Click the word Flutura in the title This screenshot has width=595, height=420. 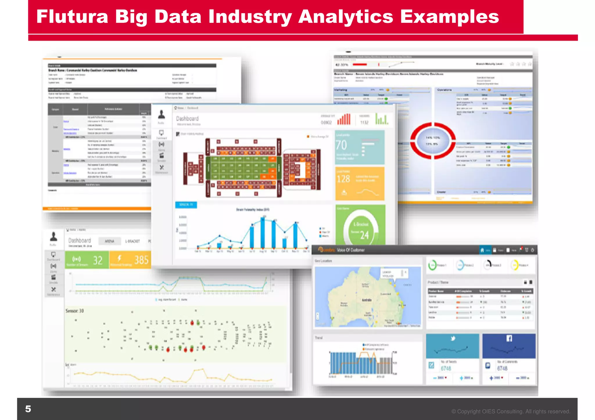tap(72, 17)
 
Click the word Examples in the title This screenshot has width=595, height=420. tap(449, 17)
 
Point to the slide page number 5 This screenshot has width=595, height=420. tap(28, 409)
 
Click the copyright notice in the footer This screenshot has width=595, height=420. tap(510, 411)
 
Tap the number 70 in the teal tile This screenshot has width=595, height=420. tap(341, 145)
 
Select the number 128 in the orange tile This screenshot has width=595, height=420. tap(343, 179)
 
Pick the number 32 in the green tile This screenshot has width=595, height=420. tap(98, 260)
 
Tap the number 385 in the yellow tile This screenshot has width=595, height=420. tap(141, 260)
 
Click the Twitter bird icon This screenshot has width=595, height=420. tap(453, 338)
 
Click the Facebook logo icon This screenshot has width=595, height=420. tap(509, 338)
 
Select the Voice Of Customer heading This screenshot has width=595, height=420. tap(350, 250)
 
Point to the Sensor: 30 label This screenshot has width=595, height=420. tap(74, 311)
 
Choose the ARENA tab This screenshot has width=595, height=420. tap(109, 241)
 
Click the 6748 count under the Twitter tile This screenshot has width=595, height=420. tap(446, 368)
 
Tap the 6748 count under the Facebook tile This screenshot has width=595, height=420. tap(502, 368)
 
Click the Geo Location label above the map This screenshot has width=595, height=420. tap(323, 261)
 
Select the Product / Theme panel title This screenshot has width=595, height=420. tap(438, 282)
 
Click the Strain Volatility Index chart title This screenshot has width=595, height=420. tap(252, 210)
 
